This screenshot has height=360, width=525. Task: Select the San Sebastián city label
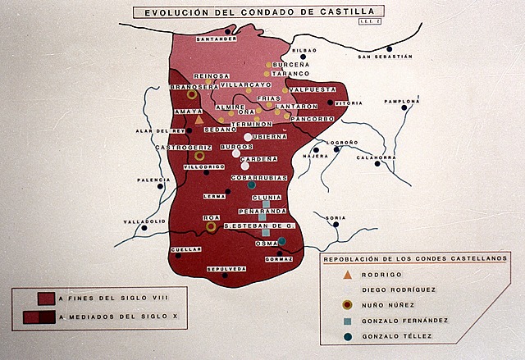click(385, 57)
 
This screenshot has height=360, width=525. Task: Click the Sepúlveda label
click(226, 269)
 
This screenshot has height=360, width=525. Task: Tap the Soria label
click(336, 217)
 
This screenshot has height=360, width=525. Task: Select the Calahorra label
click(377, 157)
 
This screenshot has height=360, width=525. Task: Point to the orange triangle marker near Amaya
click(199, 120)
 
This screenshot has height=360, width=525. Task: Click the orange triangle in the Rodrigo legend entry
click(348, 274)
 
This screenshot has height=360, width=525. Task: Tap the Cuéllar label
click(186, 248)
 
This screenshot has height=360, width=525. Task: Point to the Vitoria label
click(349, 103)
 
